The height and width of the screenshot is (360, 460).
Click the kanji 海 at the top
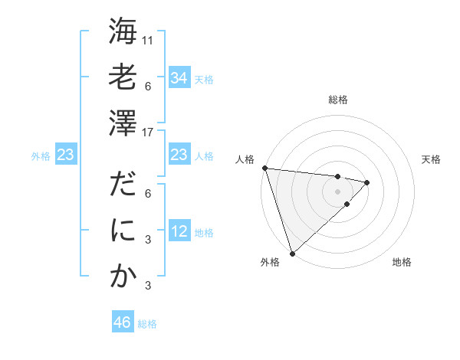pyautogui.click(x=123, y=33)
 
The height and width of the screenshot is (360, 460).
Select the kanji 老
pyautogui.click(x=123, y=78)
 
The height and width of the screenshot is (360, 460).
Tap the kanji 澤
pyautogui.click(x=123, y=123)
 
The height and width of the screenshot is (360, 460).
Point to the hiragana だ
pyautogui.click(x=123, y=187)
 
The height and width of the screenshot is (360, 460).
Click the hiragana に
pyautogui.click(x=123, y=232)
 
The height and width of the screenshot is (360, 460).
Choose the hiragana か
pyautogui.click(x=123, y=277)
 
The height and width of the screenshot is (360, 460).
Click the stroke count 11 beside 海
pyautogui.click(x=149, y=39)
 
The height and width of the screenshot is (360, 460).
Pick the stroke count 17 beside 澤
pyautogui.click(x=149, y=132)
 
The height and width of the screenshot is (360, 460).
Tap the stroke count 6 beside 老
pyautogui.click(x=149, y=87)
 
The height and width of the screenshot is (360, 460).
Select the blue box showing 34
pyautogui.click(x=179, y=78)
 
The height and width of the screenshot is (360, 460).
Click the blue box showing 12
pyautogui.click(x=179, y=232)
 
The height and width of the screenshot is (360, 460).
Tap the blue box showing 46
pyautogui.click(x=122, y=322)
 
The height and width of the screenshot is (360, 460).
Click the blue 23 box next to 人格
pyautogui.click(x=179, y=155)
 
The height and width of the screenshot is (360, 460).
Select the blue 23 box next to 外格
pyautogui.click(x=65, y=155)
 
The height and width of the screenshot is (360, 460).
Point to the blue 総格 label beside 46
pyautogui.click(x=147, y=324)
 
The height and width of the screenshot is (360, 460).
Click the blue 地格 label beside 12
pyautogui.click(x=204, y=233)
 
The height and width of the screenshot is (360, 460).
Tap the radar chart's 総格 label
pyautogui.click(x=337, y=100)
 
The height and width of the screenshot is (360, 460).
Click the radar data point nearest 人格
pyautogui.click(x=264, y=168)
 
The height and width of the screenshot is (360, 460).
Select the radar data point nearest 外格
pyautogui.click(x=292, y=253)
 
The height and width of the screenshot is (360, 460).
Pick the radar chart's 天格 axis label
pyautogui.click(x=432, y=159)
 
